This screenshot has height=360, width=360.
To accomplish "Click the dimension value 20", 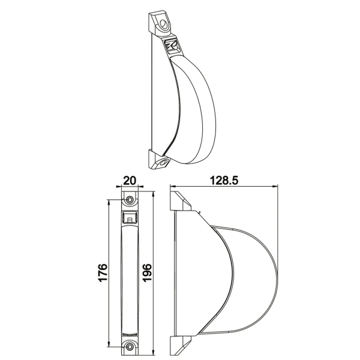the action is (130, 181).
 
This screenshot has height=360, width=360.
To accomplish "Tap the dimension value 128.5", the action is (224, 181).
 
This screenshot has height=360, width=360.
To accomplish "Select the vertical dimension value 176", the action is (103, 273).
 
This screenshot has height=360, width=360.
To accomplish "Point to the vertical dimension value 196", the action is (147, 273).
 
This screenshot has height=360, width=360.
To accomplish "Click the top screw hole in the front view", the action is (130, 200).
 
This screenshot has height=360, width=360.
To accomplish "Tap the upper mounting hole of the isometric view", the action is (163, 23).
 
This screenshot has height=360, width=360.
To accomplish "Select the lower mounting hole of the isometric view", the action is (163, 163).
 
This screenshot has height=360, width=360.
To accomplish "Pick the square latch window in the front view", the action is (130, 217).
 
